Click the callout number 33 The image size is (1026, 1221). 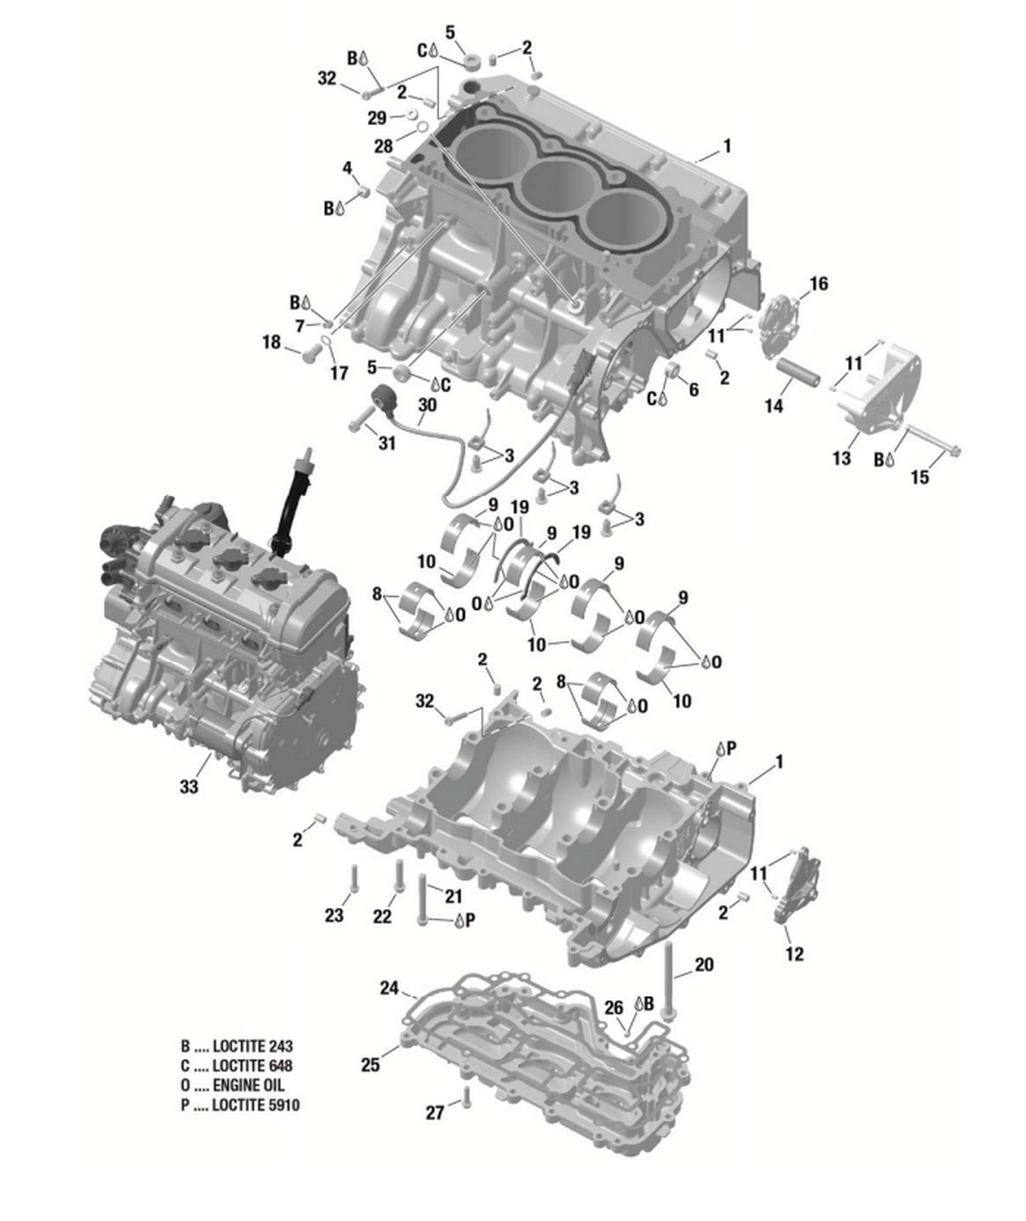coord(189,787)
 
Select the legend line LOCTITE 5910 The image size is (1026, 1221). coord(240,1105)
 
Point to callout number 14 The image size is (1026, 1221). coord(773,406)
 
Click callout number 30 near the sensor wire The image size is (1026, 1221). coord(427,405)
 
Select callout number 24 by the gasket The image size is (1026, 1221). coord(389,988)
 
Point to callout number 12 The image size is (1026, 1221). coord(794,954)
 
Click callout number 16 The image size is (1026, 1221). coord(818,283)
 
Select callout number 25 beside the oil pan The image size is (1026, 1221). coord(370,1065)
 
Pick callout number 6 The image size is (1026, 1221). coord(694,390)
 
